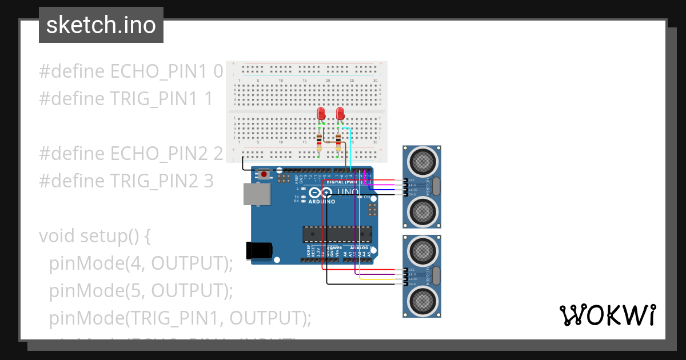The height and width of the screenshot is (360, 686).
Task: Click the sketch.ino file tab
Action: [101, 25]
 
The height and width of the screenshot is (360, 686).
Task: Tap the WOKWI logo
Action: [607, 315]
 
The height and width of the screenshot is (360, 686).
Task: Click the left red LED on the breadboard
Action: [321, 113]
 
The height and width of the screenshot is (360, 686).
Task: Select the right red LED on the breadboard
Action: [340, 113]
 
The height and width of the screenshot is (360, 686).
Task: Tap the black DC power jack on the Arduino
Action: [258, 250]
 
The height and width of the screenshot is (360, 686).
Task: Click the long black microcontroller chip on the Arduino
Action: [337, 234]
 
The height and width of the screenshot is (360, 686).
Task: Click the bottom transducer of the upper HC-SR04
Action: [423, 212]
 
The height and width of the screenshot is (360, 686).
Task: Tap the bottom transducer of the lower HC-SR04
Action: [423, 301]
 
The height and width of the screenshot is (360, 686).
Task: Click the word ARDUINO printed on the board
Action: [322, 202]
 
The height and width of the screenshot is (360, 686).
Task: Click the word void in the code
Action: [57, 236]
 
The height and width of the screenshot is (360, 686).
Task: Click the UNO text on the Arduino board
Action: [348, 191]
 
